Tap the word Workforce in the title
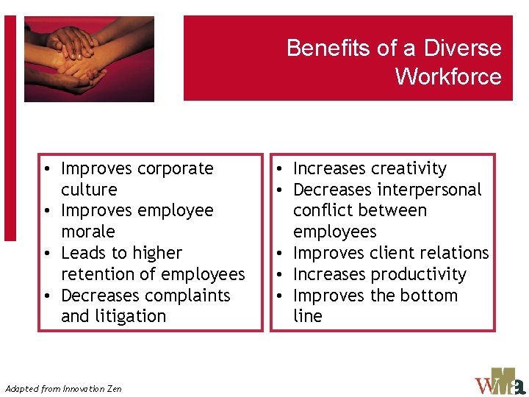tap(448, 76)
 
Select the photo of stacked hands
tap(89, 59)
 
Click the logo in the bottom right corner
tap(500, 382)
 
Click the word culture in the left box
tap(89, 190)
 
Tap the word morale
tap(88, 232)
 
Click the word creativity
tap(409, 168)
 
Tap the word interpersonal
tap(424, 190)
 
